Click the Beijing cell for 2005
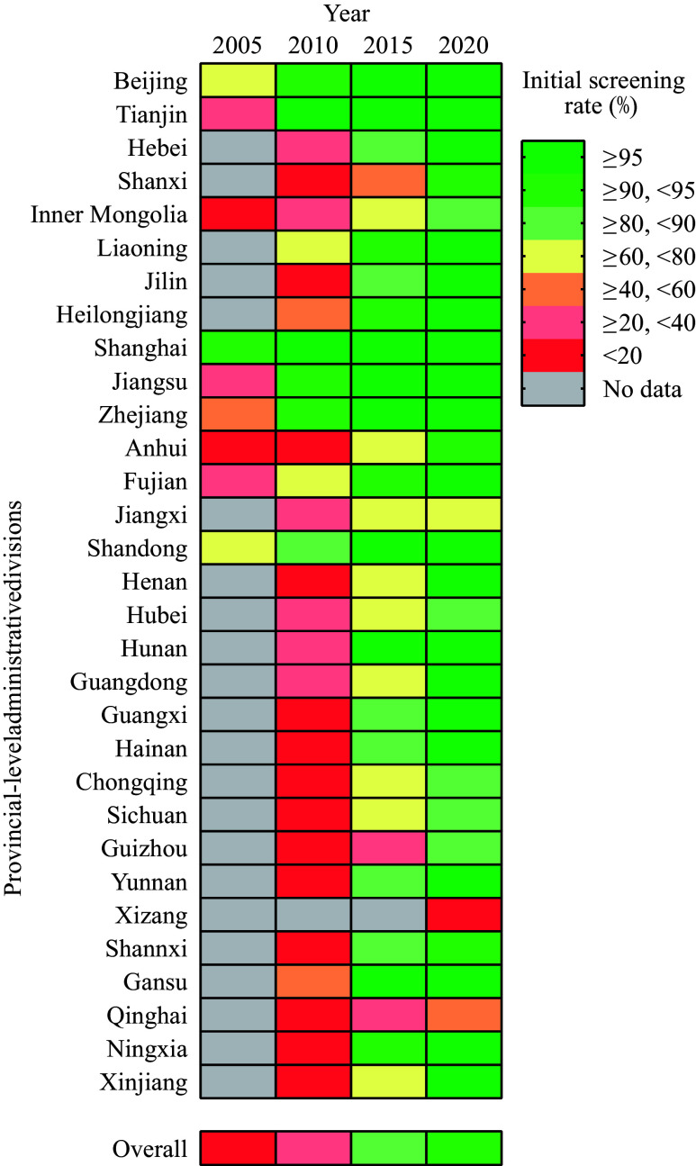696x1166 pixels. tap(238, 80)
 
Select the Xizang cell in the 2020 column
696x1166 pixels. tap(464, 915)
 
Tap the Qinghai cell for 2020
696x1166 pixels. tap(464, 1015)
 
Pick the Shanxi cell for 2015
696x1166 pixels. tap(389, 181)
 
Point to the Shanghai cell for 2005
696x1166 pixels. tap(238, 348)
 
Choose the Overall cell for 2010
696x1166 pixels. tap(313, 1147)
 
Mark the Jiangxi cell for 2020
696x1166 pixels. tap(464, 514)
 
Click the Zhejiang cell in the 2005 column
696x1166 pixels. tap(238, 414)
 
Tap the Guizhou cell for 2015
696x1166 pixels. tap(389, 848)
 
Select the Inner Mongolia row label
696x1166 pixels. tap(109, 215)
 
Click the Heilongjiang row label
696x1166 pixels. tap(122, 315)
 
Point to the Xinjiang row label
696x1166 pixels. tap(144, 1082)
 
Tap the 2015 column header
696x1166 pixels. tap(388, 45)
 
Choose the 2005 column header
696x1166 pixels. tap(237, 45)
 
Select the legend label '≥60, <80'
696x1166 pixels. tap(649, 257)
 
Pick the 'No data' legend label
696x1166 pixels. tap(642, 389)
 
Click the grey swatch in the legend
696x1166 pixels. tap(553, 388)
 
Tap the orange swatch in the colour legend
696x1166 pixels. tap(553, 289)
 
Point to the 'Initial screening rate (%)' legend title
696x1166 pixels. tap(603, 94)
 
